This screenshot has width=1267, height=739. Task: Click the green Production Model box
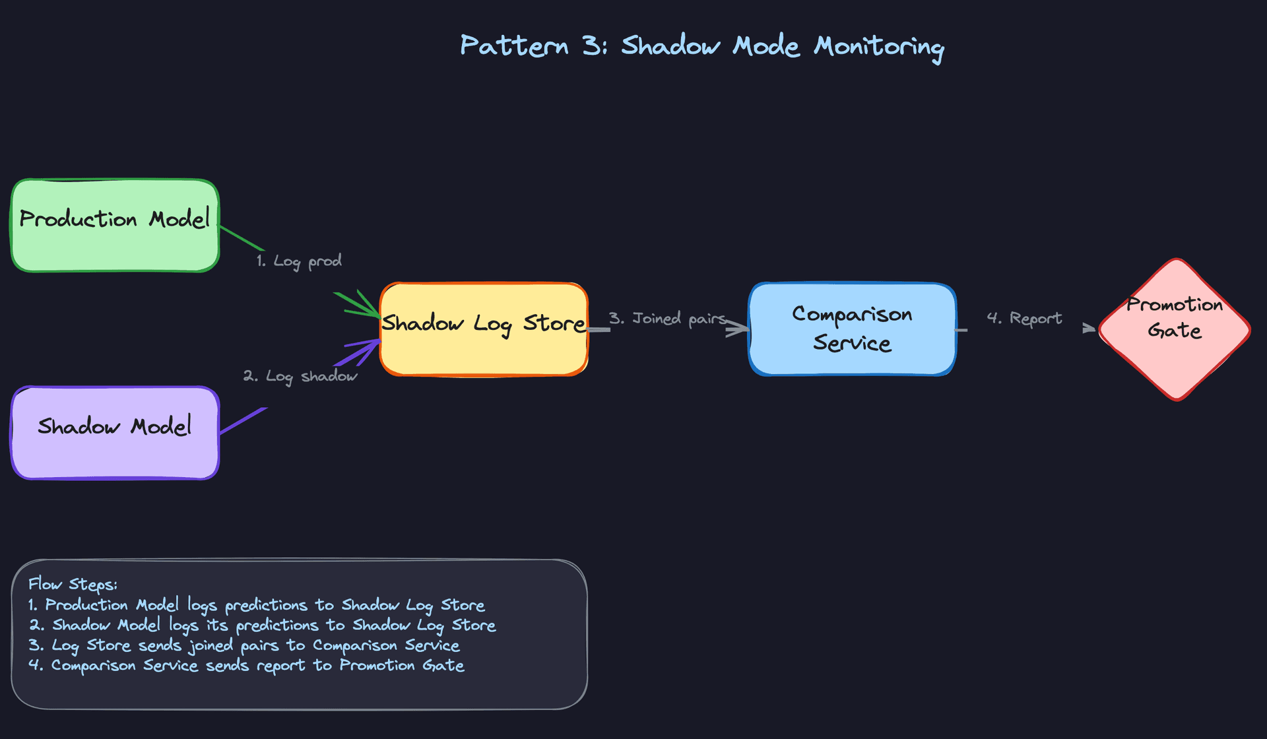pyautogui.click(x=115, y=226)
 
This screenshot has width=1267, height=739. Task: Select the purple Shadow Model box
pyautogui.click(x=115, y=433)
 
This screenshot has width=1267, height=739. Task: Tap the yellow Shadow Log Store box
pyautogui.click(x=484, y=330)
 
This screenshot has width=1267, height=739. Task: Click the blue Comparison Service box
pyautogui.click(x=852, y=329)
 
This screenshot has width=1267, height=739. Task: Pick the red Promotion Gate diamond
pyautogui.click(x=1175, y=330)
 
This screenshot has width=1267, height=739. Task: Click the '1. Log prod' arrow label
pyautogui.click(x=299, y=261)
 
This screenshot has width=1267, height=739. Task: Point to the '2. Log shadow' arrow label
pyautogui.click(x=300, y=376)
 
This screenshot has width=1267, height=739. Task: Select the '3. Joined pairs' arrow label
pyautogui.click(x=667, y=319)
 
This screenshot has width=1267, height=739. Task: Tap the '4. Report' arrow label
pyautogui.click(x=1024, y=319)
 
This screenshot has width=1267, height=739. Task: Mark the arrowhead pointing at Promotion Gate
pyautogui.click(x=1089, y=328)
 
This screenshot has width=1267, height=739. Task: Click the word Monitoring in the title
pyautogui.click(x=878, y=47)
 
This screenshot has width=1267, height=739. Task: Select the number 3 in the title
pyautogui.click(x=591, y=46)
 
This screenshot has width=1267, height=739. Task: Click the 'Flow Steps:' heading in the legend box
pyautogui.click(x=73, y=585)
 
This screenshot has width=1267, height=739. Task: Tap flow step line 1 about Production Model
pyautogui.click(x=256, y=605)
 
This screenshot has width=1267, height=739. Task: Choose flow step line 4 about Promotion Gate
pyautogui.click(x=246, y=666)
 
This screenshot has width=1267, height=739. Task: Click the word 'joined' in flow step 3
pyautogui.click(x=211, y=646)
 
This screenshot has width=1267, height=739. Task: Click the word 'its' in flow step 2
pyautogui.click(x=217, y=625)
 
